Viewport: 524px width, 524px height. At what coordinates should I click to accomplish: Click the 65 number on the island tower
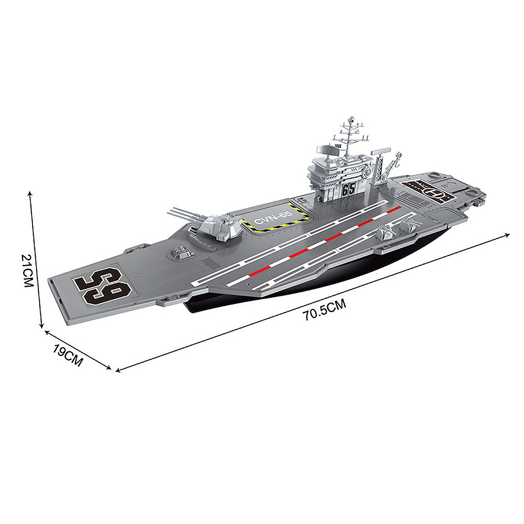pyautogui.click(x=349, y=190)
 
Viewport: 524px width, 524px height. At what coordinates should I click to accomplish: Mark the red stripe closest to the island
pyautogui.click(x=394, y=209)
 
